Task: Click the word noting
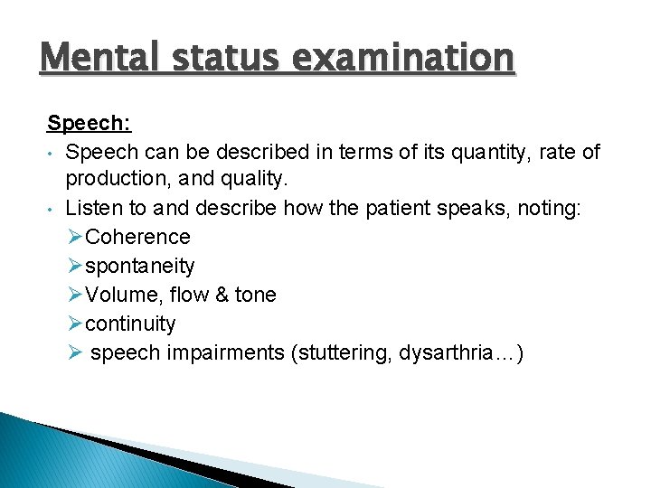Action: [x=555, y=208]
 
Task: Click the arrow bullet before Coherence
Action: [x=75, y=237]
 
